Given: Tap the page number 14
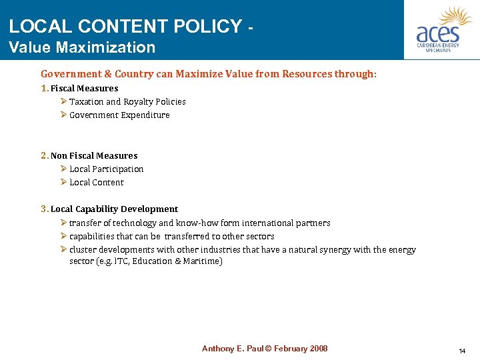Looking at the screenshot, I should click(x=462, y=351).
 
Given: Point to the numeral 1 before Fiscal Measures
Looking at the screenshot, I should click(x=44, y=88).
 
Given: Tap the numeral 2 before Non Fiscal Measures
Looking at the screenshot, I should click(x=44, y=155).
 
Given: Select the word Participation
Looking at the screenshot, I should click(x=118, y=169).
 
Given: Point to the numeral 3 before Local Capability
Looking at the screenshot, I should click(x=44, y=209).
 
